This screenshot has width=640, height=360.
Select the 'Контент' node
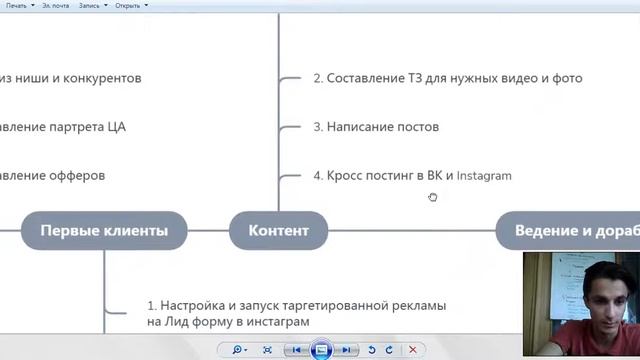click(278, 230)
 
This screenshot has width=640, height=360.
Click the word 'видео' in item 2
click(502, 78)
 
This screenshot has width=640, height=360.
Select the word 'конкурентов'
click(98, 78)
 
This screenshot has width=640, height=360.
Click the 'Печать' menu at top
click(17, 5)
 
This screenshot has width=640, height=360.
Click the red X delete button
click(412, 350)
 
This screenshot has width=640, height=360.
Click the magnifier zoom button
click(239, 350)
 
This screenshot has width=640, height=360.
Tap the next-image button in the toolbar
click(346, 350)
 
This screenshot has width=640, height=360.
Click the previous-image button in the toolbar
click(296, 350)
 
